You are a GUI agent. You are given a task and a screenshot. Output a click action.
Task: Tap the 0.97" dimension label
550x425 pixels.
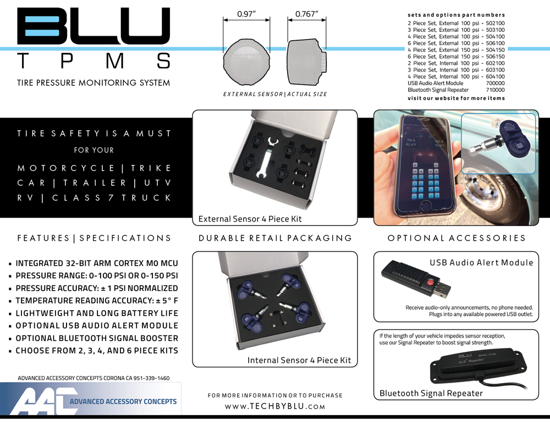[246, 14]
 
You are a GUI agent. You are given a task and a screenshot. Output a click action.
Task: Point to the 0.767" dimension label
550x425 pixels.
[307, 14]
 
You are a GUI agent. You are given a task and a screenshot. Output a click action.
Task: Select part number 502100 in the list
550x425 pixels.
[494, 23]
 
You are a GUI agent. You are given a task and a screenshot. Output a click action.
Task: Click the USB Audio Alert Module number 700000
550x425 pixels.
[495, 82]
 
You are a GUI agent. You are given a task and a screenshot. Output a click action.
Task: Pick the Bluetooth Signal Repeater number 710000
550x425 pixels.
[495, 90]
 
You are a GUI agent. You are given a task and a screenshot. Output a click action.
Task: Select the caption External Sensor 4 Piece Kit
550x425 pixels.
[250, 219]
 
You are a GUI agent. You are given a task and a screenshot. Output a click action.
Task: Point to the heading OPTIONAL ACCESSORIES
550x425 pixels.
[457, 238]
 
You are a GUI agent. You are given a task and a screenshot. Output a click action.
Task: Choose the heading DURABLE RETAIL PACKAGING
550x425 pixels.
[275, 238]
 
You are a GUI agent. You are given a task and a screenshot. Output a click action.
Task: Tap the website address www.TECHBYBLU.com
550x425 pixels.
[275, 407]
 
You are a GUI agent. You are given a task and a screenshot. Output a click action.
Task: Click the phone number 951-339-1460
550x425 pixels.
[147, 378]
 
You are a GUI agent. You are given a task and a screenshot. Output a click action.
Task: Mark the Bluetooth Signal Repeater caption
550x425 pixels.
[431, 393]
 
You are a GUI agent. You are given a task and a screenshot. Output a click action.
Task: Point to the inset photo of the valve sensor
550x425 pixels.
[498, 143]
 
